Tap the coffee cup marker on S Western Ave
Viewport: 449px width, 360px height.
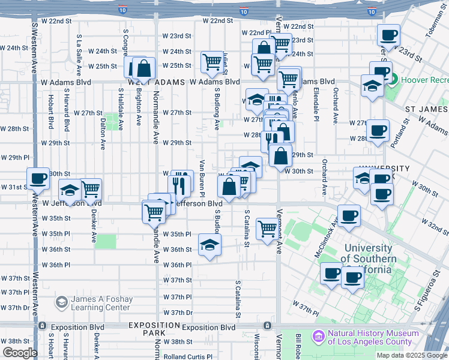[x=38, y=178]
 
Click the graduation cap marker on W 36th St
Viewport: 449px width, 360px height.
[x=209, y=245]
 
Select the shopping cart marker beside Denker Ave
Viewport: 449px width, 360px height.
[x=91, y=189]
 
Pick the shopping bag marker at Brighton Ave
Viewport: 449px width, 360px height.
[x=143, y=68]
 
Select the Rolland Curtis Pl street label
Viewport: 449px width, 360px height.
[x=188, y=356]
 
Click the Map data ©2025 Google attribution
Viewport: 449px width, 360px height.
[x=411, y=355]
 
